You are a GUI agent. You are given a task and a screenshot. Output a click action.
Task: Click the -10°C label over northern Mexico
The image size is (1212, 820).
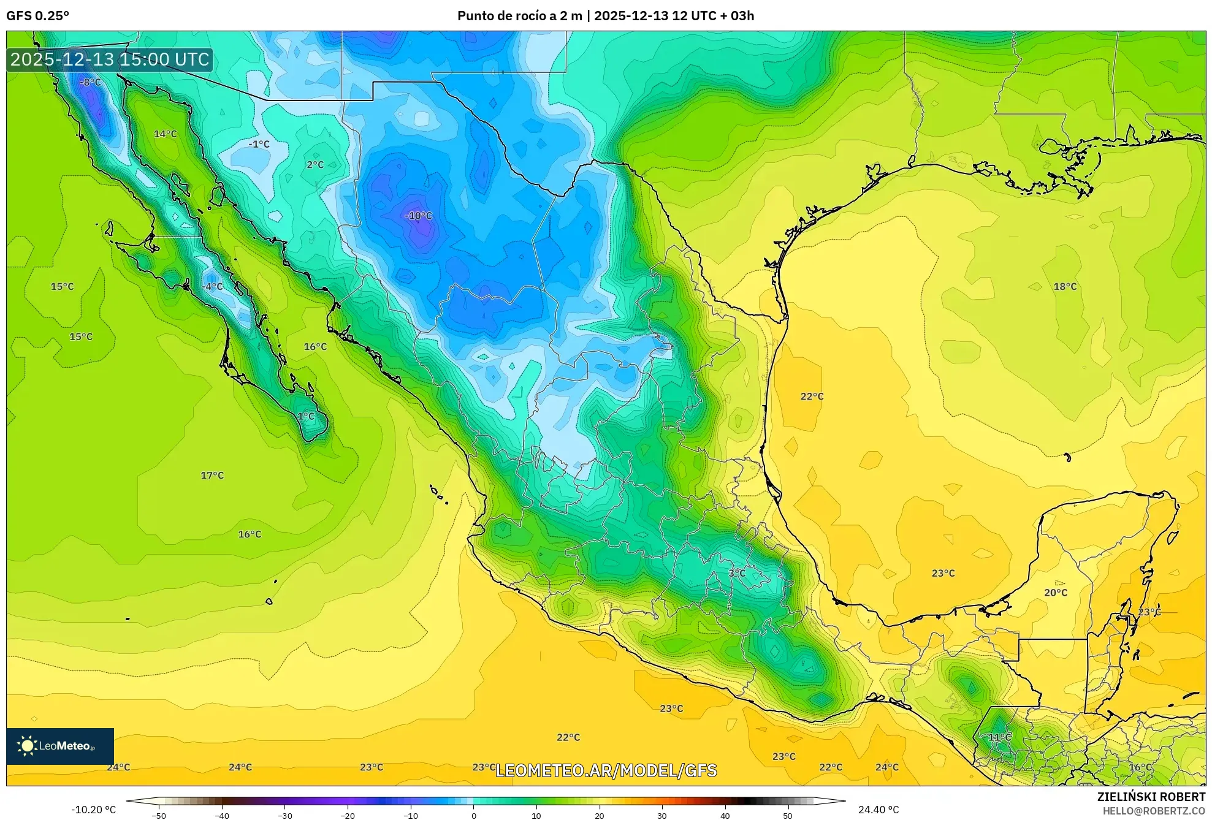pos(419,216)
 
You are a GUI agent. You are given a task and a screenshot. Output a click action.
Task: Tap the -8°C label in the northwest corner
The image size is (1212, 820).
pos(90,82)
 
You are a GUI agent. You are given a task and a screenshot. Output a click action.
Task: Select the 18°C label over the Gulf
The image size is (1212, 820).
pos(1065,286)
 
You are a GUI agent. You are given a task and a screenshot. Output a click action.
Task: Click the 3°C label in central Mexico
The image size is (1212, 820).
pos(737,573)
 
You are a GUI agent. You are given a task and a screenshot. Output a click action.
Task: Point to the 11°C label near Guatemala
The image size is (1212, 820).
pos(999,737)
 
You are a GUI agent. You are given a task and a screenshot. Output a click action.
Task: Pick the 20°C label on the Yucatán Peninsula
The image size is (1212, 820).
pos(1056,593)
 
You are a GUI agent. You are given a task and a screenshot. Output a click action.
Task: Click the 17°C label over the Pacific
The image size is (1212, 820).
pos(212,476)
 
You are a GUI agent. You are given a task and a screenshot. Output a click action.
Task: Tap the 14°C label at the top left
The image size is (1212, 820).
pos(165,134)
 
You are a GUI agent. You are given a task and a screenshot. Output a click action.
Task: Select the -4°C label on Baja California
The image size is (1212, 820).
pos(213,286)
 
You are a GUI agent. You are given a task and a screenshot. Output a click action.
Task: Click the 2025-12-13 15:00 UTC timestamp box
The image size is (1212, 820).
pos(110,60)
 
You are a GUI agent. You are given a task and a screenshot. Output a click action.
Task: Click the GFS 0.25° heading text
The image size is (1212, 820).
pos(37,16)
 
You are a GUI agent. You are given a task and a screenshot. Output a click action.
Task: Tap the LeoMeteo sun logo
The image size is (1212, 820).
pos(27,746)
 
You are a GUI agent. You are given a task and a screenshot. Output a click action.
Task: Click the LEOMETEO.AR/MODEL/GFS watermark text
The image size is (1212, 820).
pos(606,770)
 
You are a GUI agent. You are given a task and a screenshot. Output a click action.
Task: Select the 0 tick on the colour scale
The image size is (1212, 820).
pos(473,816)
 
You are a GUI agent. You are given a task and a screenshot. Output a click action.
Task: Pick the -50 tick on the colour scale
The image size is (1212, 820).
pos(159,816)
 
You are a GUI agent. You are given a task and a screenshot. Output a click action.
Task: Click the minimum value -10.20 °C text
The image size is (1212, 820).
pos(93,810)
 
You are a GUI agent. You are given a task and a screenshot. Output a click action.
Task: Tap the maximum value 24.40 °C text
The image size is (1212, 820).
pos(879,810)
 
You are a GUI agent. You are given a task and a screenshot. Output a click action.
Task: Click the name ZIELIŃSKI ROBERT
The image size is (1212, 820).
pos(1151,797)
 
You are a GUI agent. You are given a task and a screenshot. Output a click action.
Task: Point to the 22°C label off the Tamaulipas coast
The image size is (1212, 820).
pos(812,397)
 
